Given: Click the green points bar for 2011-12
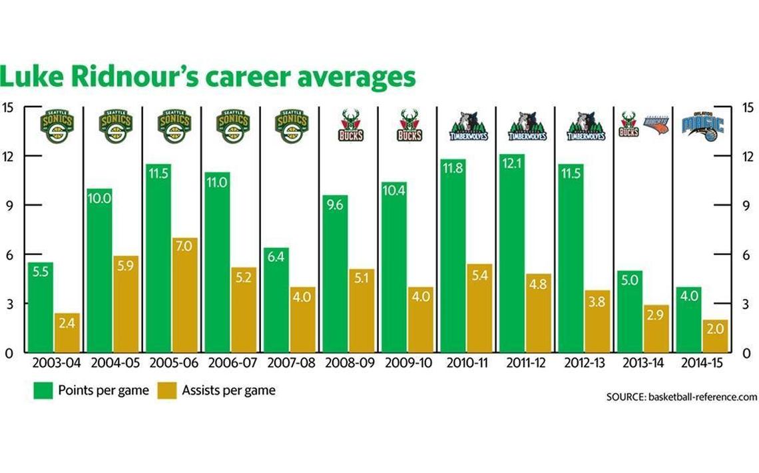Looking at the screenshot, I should (511, 253).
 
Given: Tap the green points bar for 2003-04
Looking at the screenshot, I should (41, 307).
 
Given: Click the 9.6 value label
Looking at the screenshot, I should (334, 224).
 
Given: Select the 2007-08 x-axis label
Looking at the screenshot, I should (290, 363).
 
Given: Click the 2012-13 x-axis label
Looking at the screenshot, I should (584, 363).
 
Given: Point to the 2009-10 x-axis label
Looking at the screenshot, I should (408, 363).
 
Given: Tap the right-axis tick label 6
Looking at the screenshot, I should (746, 255).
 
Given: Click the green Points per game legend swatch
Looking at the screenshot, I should (43, 391).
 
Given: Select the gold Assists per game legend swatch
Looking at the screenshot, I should (166, 391).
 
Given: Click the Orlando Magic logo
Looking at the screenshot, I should (702, 126).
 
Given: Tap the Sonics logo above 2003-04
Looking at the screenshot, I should (57, 126).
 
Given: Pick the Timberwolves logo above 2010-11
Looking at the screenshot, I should (468, 126).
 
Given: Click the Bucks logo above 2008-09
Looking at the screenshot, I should (351, 126).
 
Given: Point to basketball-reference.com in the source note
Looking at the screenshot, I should (702, 396).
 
